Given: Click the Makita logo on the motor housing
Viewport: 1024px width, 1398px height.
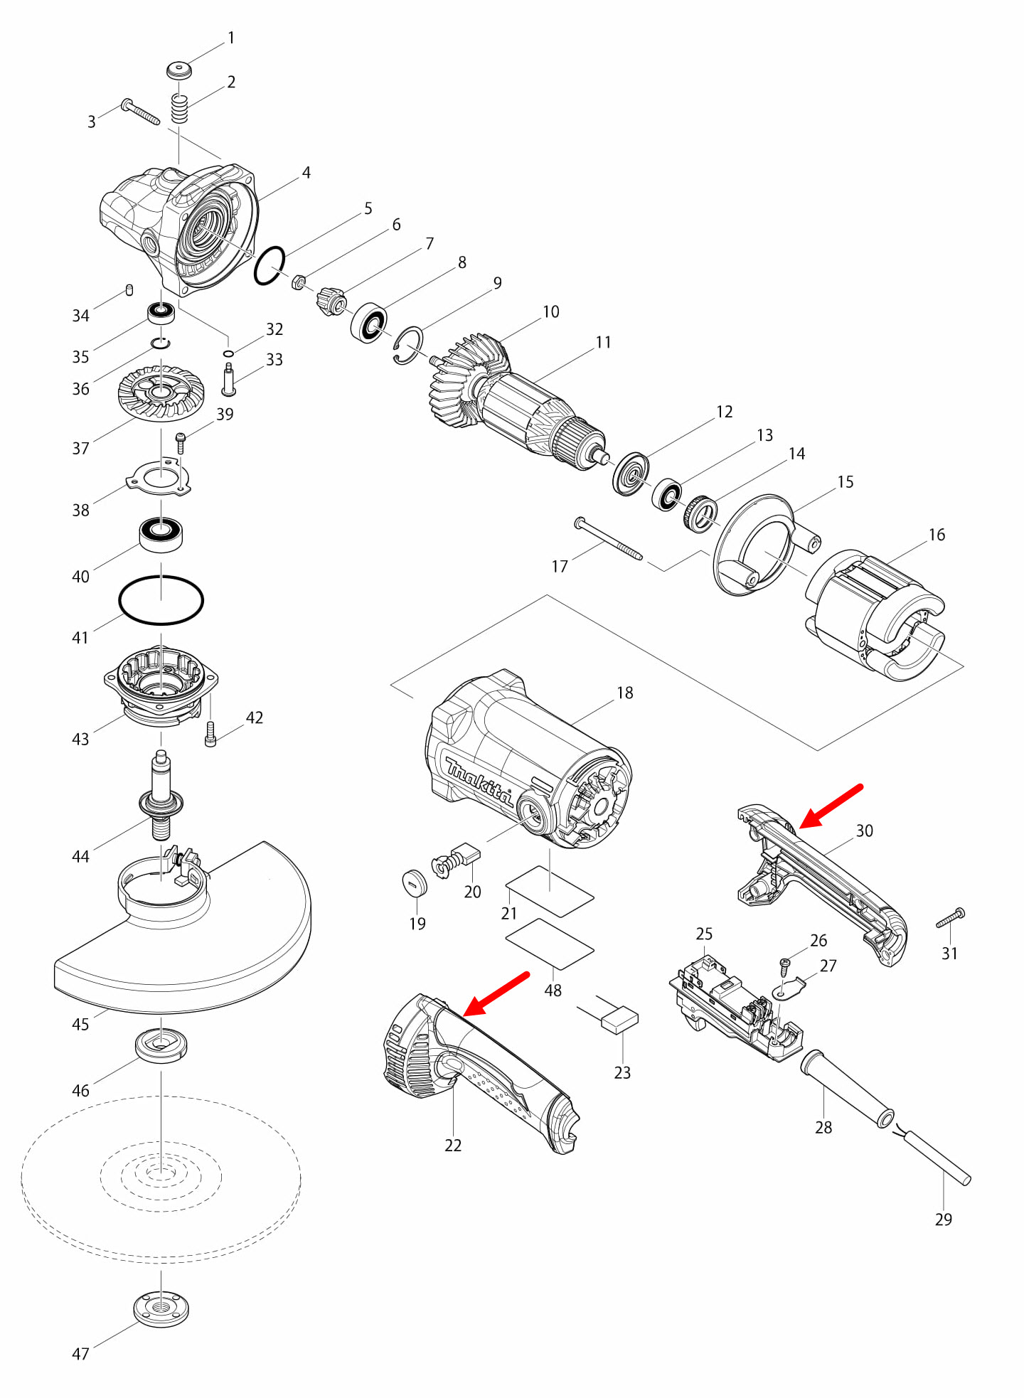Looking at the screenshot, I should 478,781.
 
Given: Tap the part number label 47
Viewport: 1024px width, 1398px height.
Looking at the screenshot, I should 80,1354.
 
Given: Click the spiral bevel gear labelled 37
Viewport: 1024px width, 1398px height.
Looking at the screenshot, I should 161,393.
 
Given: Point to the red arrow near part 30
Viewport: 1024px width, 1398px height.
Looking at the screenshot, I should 831,806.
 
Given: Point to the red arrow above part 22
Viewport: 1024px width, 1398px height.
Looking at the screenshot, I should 496,993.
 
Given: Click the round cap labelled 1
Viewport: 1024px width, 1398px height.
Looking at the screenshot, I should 180,70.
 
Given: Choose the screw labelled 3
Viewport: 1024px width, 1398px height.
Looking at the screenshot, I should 140,112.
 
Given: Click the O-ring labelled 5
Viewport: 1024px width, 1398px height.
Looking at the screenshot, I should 270,266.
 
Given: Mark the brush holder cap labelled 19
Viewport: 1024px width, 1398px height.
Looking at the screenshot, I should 415,882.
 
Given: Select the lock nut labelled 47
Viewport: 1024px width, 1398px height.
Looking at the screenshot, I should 161,1309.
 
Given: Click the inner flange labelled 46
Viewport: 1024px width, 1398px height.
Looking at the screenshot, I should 161,1045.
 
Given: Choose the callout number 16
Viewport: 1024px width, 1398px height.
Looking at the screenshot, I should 937,535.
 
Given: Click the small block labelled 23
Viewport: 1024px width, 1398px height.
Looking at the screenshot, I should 619,1020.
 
